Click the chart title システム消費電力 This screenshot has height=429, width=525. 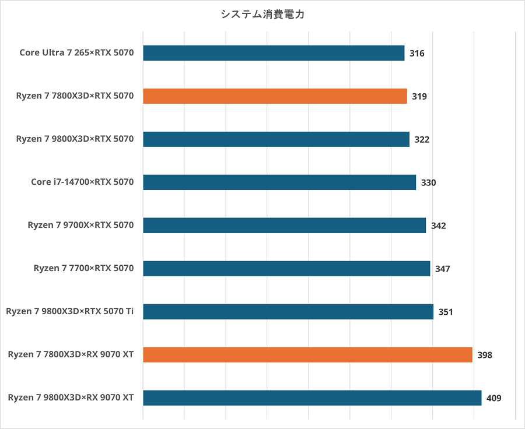click(x=262, y=15)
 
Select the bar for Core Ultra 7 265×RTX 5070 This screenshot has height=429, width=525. click(x=274, y=53)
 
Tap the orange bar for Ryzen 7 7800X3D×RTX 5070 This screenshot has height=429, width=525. click(x=275, y=96)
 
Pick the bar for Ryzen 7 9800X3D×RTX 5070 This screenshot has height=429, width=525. click(x=276, y=139)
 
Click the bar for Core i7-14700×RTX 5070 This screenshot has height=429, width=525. click(x=279, y=182)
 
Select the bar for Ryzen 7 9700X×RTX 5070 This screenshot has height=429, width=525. click(x=284, y=226)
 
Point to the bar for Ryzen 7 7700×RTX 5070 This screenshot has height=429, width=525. click(x=286, y=269)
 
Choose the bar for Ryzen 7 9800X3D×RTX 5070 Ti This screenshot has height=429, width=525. click(x=288, y=312)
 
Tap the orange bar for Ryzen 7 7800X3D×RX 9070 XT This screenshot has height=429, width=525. click(x=307, y=355)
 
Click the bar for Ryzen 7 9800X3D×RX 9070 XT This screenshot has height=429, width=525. click(x=312, y=398)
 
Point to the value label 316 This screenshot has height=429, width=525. click(x=416, y=54)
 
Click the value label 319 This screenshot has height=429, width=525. click(x=419, y=97)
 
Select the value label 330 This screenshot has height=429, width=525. click(x=428, y=183)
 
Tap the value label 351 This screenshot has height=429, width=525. click(x=446, y=312)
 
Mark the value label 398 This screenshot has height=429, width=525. click(x=484, y=356)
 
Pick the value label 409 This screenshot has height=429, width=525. click(x=494, y=399)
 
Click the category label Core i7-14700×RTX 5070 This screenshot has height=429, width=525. click(x=82, y=182)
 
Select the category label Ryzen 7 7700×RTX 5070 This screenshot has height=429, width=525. click(x=83, y=269)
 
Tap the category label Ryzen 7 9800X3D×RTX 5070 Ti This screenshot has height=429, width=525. click(x=70, y=312)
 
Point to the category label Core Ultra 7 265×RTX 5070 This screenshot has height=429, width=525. click(x=76, y=53)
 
